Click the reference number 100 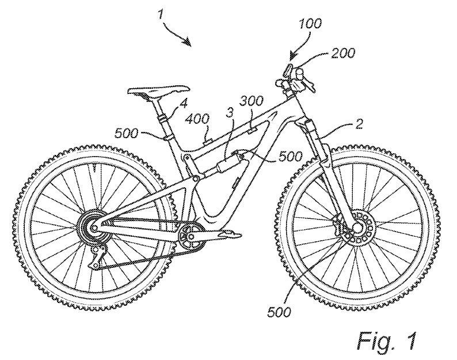[310, 24]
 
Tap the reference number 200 [344, 53]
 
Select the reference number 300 [252, 101]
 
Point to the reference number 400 [198, 119]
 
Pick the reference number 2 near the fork [359, 124]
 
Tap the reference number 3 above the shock [230, 112]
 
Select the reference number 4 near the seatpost [185, 103]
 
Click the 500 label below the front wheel [279, 312]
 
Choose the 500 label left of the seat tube [126, 133]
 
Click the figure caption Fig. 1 [387, 341]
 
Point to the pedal [230, 233]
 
